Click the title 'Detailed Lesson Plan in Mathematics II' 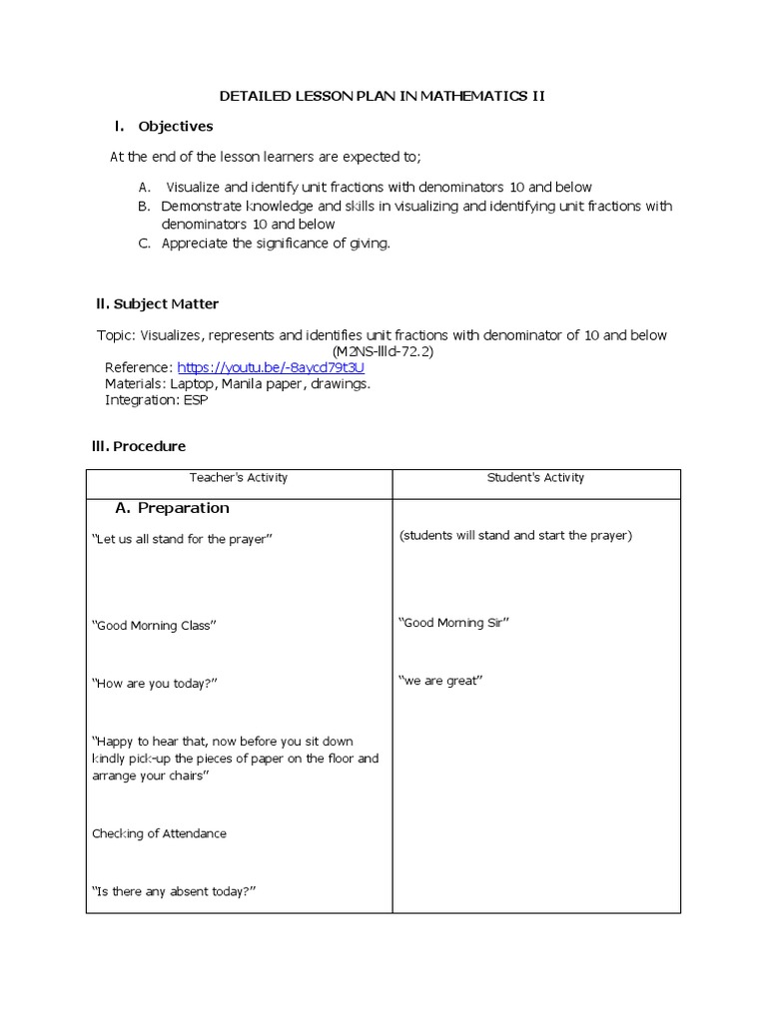click(x=383, y=96)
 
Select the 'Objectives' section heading click(x=175, y=126)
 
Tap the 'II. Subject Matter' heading click(x=157, y=303)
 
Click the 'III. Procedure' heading click(x=140, y=446)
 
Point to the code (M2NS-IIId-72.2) click(x=383, y=351)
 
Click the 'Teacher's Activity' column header click(x=239, y=478)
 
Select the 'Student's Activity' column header click(x=535, y=478)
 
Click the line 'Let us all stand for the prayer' click(x=182, y=539)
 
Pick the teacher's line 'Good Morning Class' click(x=154, y=626)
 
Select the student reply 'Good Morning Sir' click(x=454, y=623)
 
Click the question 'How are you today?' click(x=155, y=684)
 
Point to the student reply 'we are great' click(x=440, y=681)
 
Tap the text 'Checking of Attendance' click(x=159, y=833)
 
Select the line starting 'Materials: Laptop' click(x=238, y=383)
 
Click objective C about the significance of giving click(x=275, y=244)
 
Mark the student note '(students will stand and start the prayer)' click(x=515, y=536)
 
